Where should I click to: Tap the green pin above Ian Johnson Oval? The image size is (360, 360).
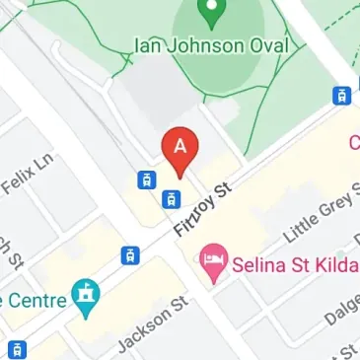click(x=208, y=12)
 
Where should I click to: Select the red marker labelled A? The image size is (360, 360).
click(x=180, y=150)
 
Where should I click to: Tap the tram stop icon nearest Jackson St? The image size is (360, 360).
click(x=129, y=255)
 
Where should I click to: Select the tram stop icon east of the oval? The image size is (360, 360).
click(x=342, y=96)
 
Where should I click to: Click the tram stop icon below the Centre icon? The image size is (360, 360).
click(x=17, y=348)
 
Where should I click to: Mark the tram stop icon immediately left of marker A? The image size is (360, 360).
click(x=146, y=180)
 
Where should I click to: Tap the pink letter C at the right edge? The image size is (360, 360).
click(x=354, y=143)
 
